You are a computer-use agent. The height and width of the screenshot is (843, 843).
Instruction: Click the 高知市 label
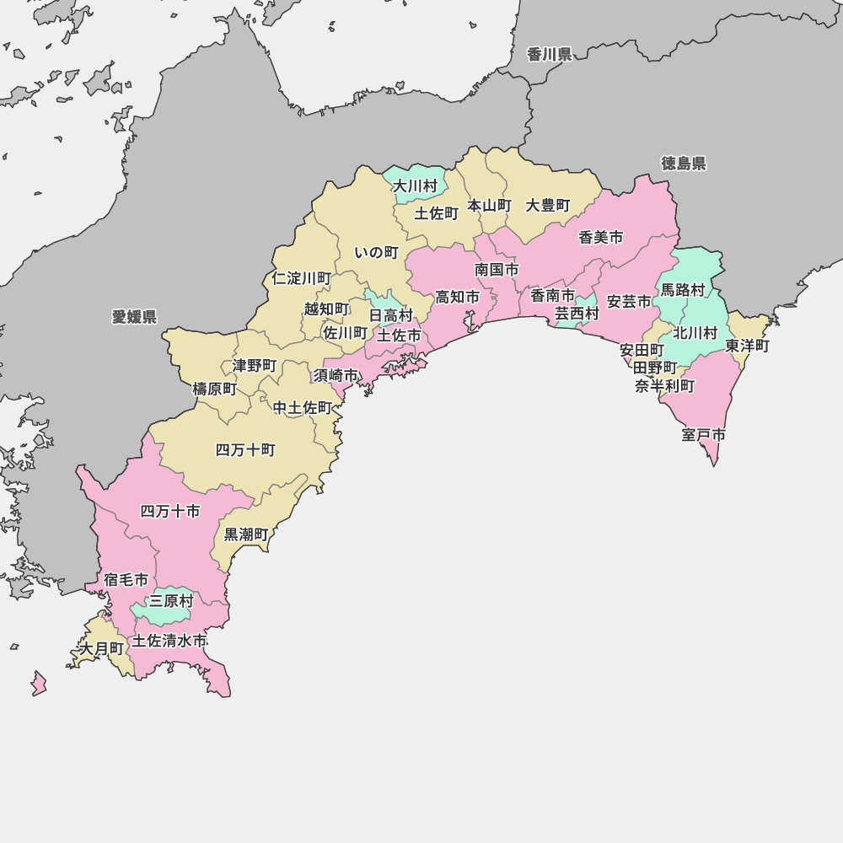[457, 297]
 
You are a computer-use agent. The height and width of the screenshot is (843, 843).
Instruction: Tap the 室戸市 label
[704, 435]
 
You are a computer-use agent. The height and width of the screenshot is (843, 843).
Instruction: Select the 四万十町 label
[245, 449]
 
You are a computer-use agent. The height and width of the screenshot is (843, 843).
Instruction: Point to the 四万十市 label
[170, 511]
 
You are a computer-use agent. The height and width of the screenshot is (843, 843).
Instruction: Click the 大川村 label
[416, 185]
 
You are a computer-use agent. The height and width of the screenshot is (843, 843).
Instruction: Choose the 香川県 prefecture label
[550, 55]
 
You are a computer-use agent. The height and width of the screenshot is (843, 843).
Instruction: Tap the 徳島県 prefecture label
[684, 163]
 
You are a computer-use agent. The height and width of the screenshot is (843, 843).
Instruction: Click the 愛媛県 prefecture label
[134, 316]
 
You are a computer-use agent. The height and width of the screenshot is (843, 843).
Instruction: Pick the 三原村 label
[171, 601]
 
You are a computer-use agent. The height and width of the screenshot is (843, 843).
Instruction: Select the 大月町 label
[101, 648]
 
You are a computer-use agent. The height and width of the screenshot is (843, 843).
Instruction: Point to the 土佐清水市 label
[169, 641]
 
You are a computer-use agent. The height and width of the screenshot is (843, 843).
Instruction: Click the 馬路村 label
[682, 289]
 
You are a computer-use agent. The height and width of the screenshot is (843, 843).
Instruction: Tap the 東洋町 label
[747, 346]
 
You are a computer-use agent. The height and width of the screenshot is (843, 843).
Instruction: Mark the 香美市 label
[601, 238]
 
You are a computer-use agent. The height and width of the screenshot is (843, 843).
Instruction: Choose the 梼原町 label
[215, 389]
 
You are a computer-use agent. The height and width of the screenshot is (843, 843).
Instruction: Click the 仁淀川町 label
[302, 277]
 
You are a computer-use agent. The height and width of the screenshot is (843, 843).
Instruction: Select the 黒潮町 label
[246, 534]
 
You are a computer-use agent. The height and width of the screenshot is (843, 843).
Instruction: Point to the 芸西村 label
[577, 313]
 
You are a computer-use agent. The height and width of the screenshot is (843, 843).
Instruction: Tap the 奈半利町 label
[665, 386]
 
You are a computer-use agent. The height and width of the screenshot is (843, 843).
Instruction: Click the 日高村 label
[391, 315]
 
